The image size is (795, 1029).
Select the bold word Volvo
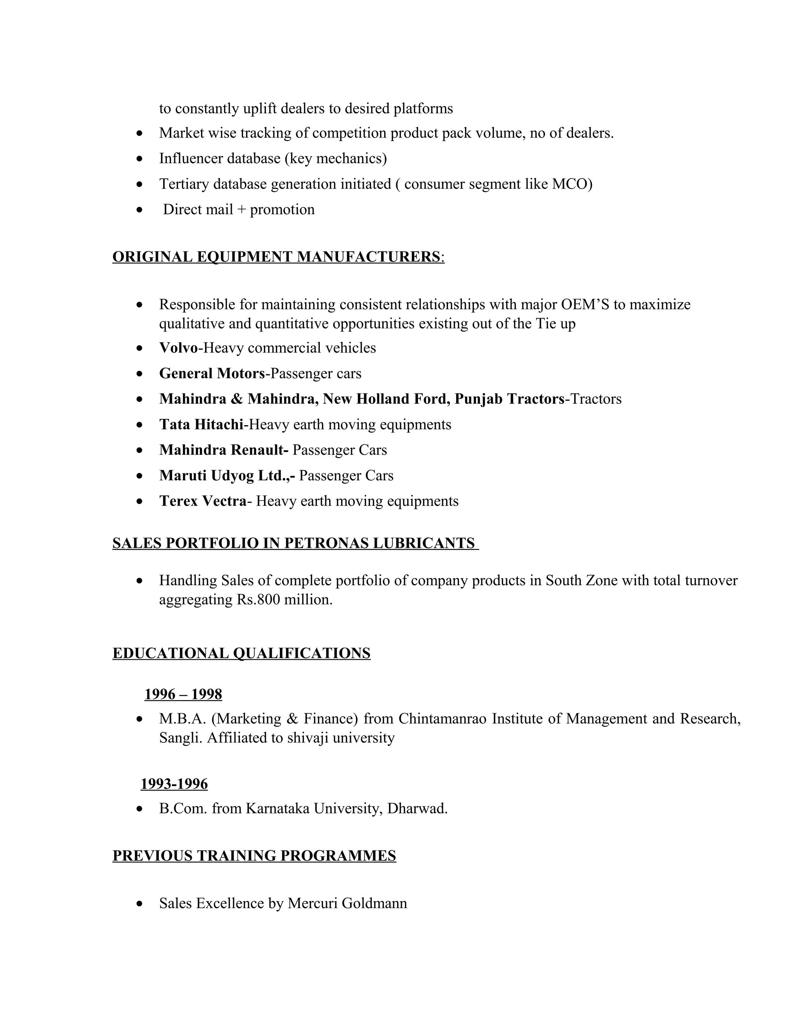179,348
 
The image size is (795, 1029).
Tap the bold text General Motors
212,374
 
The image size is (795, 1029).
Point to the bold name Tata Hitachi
201,424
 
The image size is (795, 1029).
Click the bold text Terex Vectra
203,501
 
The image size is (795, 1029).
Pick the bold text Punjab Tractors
509,399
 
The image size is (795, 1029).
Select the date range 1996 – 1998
183,695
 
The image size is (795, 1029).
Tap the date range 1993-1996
174,784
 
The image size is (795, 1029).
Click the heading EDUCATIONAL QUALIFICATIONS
241,654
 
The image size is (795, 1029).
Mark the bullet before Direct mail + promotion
139,210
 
